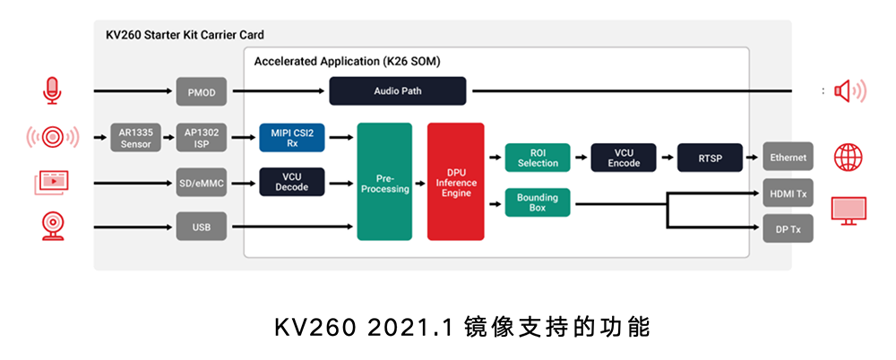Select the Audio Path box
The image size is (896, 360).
pyautogui.click(x=398, y=91)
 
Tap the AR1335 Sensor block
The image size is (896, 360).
pyautogui.click(x=135, y=138)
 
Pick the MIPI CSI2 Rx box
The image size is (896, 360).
pyautogui.click(x=292, y=137)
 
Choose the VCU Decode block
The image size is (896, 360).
pyautogui.click(x=292, y=182)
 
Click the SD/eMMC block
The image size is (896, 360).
pyautogui.click(x=201, y=184)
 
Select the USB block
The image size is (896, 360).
pyautogui.click(x=201, y=227)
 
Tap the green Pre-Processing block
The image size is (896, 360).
pyautogui.click(x=384, y=182)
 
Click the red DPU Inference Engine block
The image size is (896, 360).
pyautogui.click(x=455, y=182)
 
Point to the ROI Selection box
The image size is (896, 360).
pyautogui.click(x=538, y=158)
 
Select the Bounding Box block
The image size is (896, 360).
pyautogui.click(x=538, y=202)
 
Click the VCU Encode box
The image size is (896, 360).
pyautogui.click(x=624, y=158)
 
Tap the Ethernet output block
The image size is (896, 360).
pyautogui.click(x=788, y=158)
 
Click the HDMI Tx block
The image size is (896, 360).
pyautogui.click(x=788, y=193)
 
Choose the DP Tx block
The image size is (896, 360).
pyautogui.click(x=788, y=229)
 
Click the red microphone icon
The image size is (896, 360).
pyautogui.click(x=52, y=90)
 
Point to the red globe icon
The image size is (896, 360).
pyautogui.click(x=848, y=158)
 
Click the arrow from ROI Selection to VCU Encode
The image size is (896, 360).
pyautogui.click(x=581, y=158)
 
